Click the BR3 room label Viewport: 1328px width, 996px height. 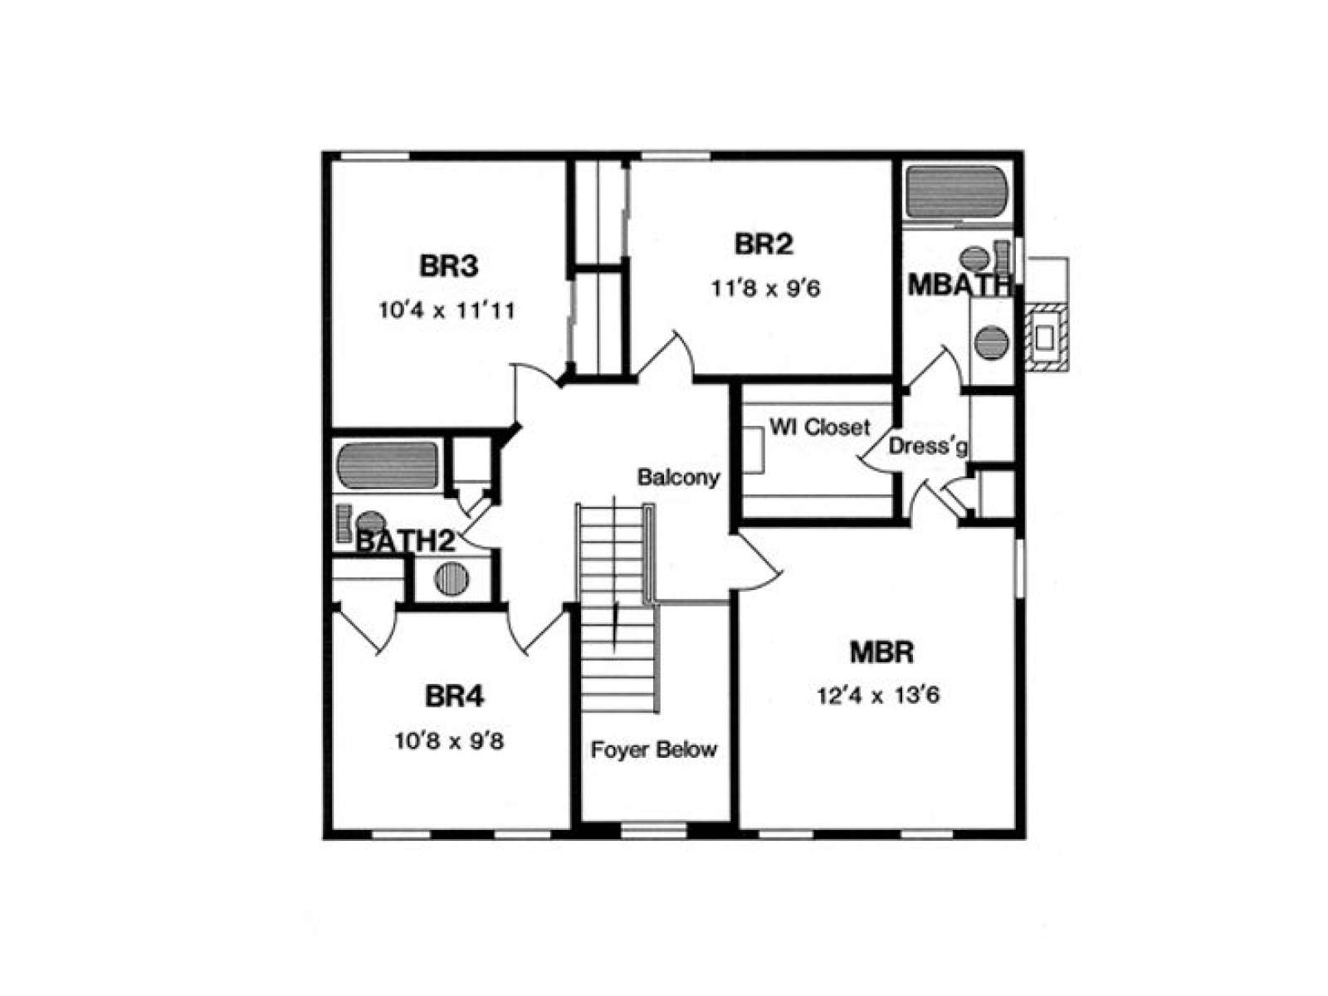pos(448,266)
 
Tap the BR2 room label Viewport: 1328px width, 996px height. pos(764,244)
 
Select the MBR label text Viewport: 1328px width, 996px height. pos(881,652)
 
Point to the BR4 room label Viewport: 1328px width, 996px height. pos(454,696)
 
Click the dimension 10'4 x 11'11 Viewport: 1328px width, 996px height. pos(447,310)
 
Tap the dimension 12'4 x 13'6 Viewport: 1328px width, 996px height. pos(878,696)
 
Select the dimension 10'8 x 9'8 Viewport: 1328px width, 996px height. pos(449,741)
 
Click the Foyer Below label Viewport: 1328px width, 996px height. pos(653,749)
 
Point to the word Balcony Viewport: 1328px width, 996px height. pos(678,477)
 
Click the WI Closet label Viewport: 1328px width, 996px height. pos(819,427)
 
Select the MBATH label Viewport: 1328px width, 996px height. pos(959,286)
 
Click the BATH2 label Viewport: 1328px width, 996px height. pos(405,542)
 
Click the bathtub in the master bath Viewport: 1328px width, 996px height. pos(956,193)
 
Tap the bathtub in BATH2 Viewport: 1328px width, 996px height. pos(388,465)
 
